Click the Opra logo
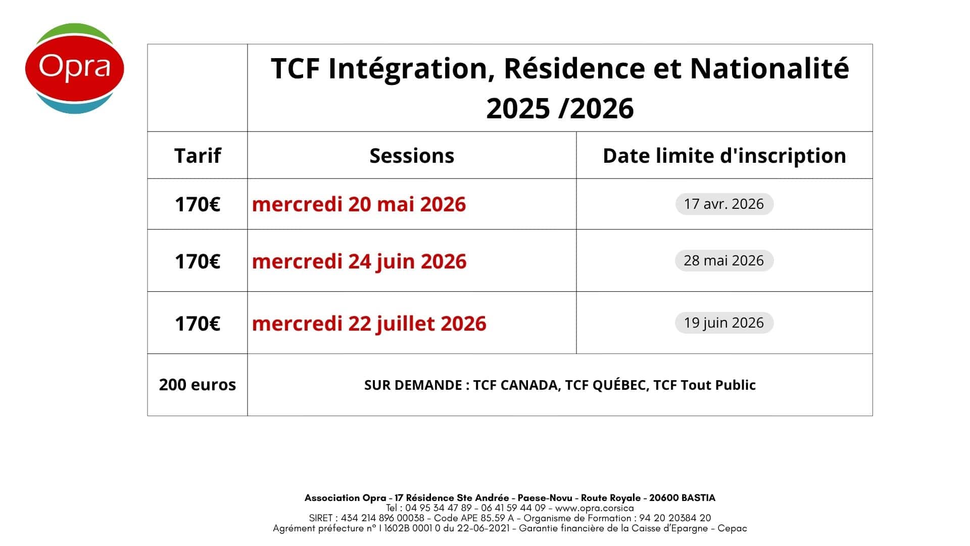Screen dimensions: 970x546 pos(75,68)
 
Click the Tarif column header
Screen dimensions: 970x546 pos(198,156)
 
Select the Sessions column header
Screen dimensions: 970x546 pos(412,156)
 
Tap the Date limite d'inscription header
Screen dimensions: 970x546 pos(724,156)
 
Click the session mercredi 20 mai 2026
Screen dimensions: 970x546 pos(359,204)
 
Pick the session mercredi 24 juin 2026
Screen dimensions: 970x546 pos(359,261)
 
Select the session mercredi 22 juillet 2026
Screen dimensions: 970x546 pos(369,324)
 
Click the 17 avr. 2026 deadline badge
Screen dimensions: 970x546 pos(724,204)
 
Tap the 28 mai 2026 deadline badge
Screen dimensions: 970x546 pos(724,260)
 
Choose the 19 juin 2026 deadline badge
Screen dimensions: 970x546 pos(724,323)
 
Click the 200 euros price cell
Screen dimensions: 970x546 pos(198,385)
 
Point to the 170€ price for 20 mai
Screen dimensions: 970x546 pos(198,204)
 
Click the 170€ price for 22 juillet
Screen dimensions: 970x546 pos(198,324)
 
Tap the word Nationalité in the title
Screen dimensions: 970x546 pos(769,68)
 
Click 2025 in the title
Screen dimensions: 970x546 pos(518,109)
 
